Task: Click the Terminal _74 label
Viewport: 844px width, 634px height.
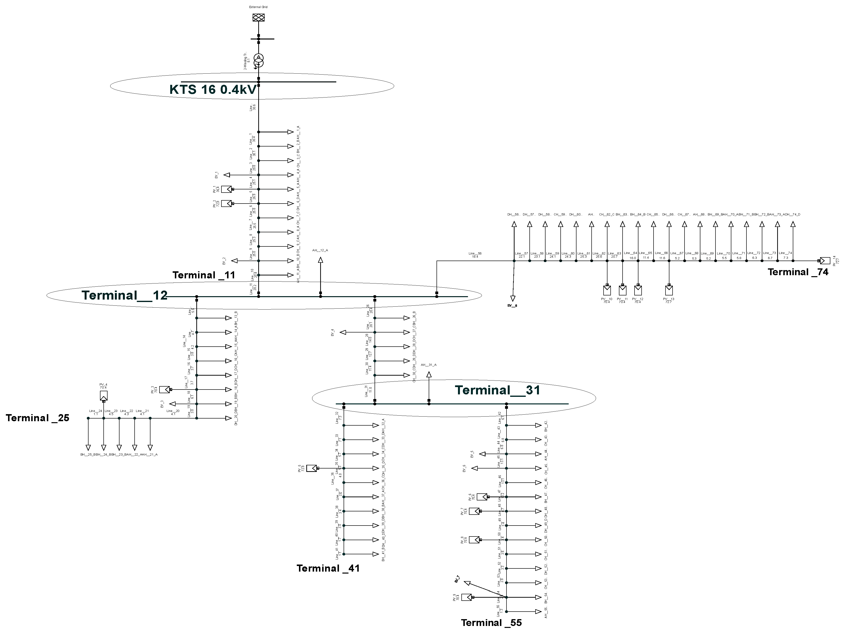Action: pyautogui.click(x=798, y=272)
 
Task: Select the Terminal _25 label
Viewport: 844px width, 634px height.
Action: pyautogui.click(x=37, y=418)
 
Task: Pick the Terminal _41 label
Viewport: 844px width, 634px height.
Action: pyautogui.click(x=328, y=568)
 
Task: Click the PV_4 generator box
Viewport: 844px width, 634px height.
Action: pyautogui.click(x=103, y=396)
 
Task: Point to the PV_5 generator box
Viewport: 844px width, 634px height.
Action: pyautogui.click(x=311, y=468)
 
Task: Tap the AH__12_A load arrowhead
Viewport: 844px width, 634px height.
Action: pyautogui.click(x=320, y=260)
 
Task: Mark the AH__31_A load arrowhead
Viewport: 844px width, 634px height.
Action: pyautogui.click(x=429, y=375)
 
